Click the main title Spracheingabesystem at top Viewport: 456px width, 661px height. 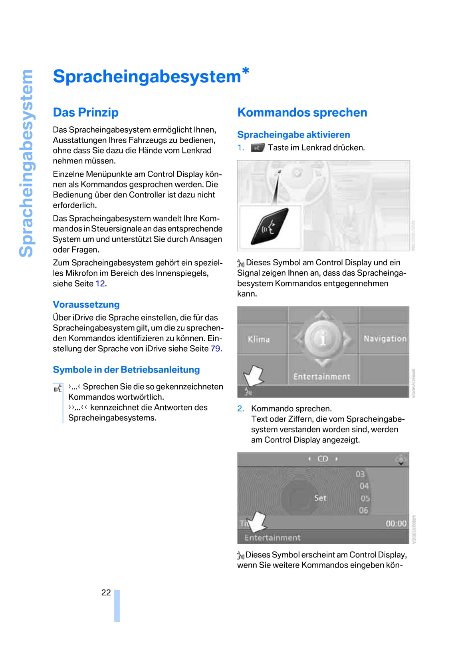pyautogui.click(x=147, y=76)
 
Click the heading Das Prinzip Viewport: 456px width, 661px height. pyautogui.click(x=85, y=112)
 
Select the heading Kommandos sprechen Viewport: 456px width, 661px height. pyautogui.click(x=302, y=112)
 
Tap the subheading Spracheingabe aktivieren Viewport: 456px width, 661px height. pyautogui.click(x=293, y=135)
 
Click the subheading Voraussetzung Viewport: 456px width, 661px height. pyautogui.click(x=86, y=305)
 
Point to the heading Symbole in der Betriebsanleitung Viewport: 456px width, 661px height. pyautogui.click(x=126, y=370)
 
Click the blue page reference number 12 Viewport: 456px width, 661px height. pyautogui.click(x=100, y=284)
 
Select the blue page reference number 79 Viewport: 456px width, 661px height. pyautogui.click(x=215, y=349)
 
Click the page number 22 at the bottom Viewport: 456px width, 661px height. pyautogui.click(x=106, y=592)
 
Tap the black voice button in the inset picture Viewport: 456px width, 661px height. pyautogui.click(x=270, y=227)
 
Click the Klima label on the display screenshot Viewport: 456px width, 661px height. pyautogui.click(x=259, y=339)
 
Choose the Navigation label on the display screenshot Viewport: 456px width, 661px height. pyautogui.click(x=385, y=339)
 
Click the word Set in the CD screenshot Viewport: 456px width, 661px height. pyautogui.click(x=320, y=498)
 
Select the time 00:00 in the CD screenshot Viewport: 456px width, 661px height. pyautogui.click(x=396, y=524)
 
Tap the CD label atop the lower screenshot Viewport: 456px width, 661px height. pyautogui.click(x=323, y=459)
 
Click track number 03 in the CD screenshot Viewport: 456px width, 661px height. pyautogui.click(x=360, y=474)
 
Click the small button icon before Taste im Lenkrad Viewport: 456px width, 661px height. pyautogui.click(x=258, y=148)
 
